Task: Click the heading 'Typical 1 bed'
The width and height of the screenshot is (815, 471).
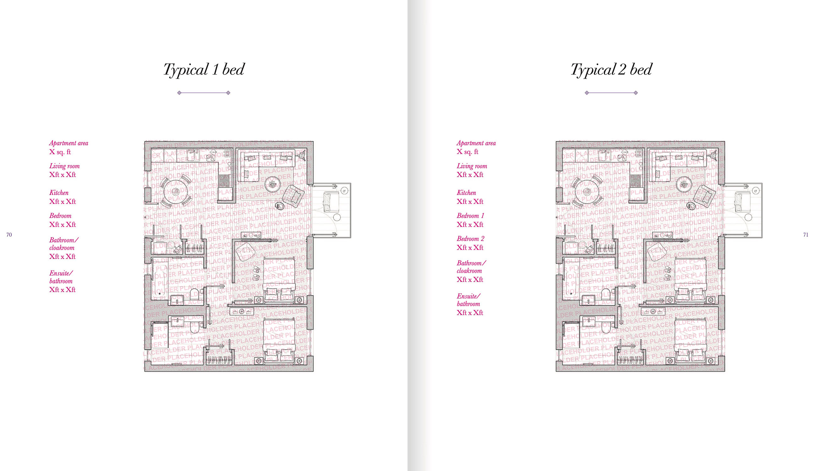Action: tap(204, 69)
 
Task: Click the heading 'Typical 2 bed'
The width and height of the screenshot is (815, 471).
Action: tap(611, 69)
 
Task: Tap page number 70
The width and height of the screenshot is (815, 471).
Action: tap(9, 235)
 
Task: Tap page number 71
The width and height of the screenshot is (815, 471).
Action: tap(806, 235)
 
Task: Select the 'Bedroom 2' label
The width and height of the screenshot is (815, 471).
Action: tap(470, 239)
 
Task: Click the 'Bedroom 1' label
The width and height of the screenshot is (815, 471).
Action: tap(470, 216)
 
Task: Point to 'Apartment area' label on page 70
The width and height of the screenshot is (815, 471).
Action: tap(68, 143)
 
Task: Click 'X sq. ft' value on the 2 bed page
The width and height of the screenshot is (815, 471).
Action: tap(467, 152)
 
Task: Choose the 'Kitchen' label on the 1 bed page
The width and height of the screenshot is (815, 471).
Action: tap(59, 193)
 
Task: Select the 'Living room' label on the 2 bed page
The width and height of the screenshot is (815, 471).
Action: tap(472, 166)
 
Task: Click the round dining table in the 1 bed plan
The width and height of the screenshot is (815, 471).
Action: tap(175, 192)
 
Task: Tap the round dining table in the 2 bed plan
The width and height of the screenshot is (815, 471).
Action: tap(587, 192)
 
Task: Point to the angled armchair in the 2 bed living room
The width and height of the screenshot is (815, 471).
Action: tap(704, 196)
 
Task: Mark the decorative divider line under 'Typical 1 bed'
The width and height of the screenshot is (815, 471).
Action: tap(204, 93)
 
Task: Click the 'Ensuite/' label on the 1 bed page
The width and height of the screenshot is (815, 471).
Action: tap(61, 273)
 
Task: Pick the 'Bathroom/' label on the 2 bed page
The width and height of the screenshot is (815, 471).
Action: tap(471, 263)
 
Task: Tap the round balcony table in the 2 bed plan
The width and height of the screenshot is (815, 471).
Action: tap(748, 217)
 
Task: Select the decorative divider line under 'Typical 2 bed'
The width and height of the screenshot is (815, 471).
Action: tap(611, 93)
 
